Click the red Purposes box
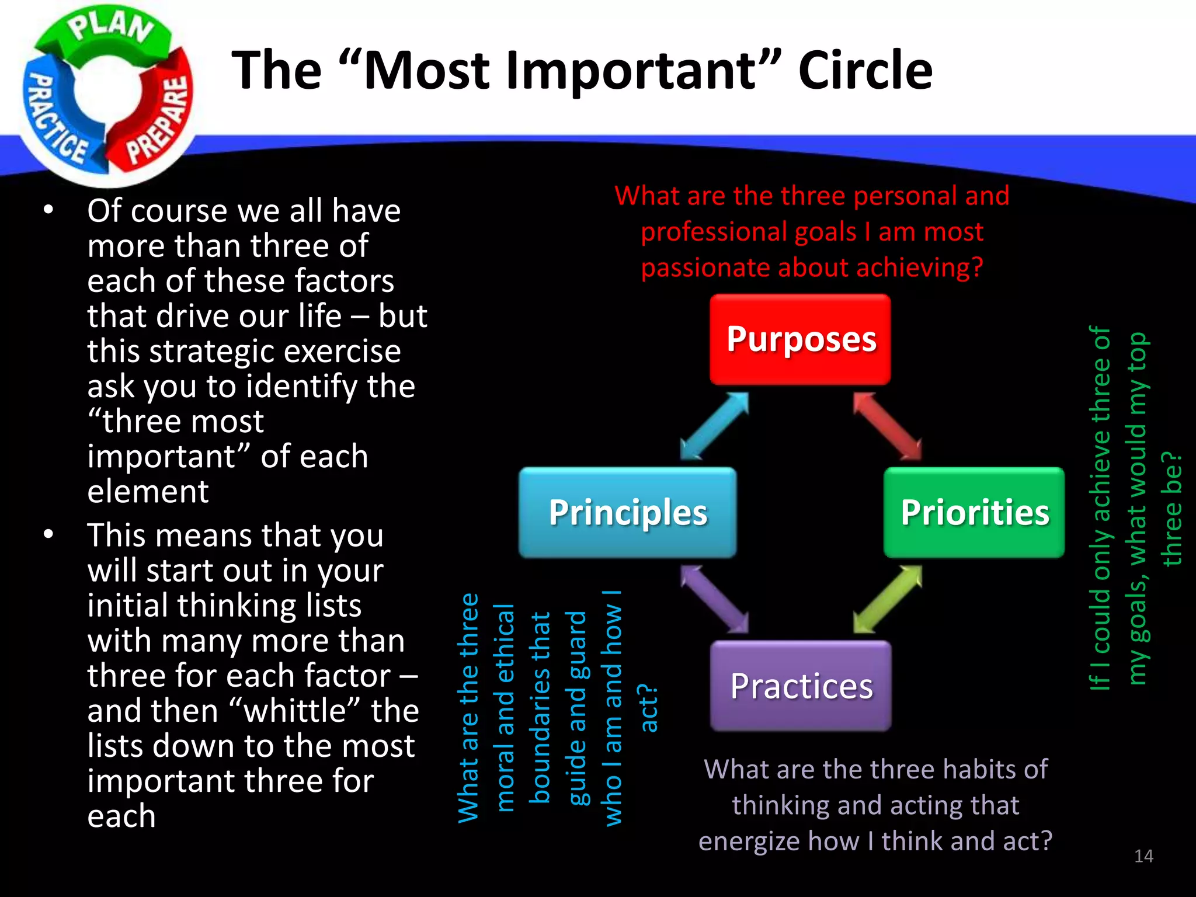[800, 339]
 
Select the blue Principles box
[628, 512]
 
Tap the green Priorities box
[974, 512]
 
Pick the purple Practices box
[801, 686]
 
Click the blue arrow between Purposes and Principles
[714, 426]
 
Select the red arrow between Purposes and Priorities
[887, 426]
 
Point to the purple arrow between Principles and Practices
[714, 599]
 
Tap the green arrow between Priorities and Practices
[887, 599]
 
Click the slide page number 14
[1143, 856]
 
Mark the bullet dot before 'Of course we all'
[48, 210]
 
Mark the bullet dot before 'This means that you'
[48, 534]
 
